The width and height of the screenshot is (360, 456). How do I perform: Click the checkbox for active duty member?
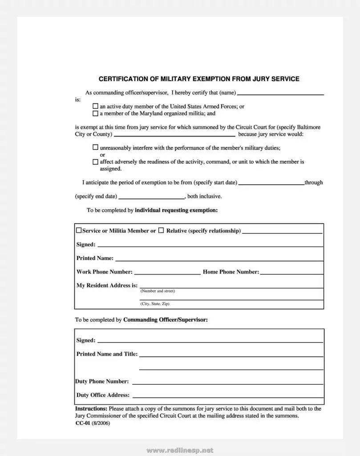tap(95, 106)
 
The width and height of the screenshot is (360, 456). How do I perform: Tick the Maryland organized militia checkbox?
tap(95, 114)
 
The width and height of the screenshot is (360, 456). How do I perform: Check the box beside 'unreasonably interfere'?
tap(95, 147)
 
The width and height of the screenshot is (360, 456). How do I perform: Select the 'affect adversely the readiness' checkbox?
tap(95, 162)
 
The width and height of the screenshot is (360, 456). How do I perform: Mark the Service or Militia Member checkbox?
tap(79, 231)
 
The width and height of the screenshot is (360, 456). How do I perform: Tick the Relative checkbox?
tap(162, 231)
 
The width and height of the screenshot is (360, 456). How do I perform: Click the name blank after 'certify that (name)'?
tap(280, 93)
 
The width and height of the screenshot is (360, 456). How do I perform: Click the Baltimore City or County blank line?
tap(174, 134)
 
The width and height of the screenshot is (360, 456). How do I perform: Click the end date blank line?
tap(152, 196)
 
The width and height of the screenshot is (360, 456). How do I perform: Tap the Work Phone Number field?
tap(167, 273)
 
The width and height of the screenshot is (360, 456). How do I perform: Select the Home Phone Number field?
tap(291, 273)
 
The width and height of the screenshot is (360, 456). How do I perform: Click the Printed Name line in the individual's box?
tap(219, 259)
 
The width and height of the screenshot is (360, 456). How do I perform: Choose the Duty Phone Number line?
tap(227, 382)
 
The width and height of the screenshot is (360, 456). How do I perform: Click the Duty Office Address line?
tap(228, 395)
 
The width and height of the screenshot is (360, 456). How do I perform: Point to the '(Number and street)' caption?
tap(158, 291)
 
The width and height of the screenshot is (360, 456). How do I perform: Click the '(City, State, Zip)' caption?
tap(155, 304)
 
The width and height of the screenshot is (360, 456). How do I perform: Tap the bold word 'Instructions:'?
tap(91, 408)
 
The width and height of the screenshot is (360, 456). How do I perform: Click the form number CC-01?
tap(83, 423)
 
